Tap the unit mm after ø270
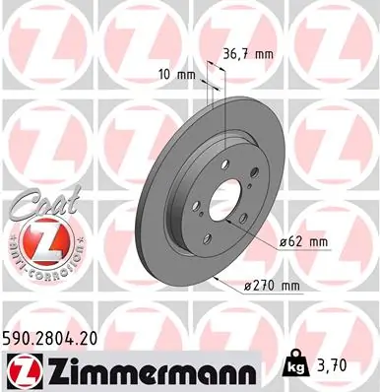(287, 287)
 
